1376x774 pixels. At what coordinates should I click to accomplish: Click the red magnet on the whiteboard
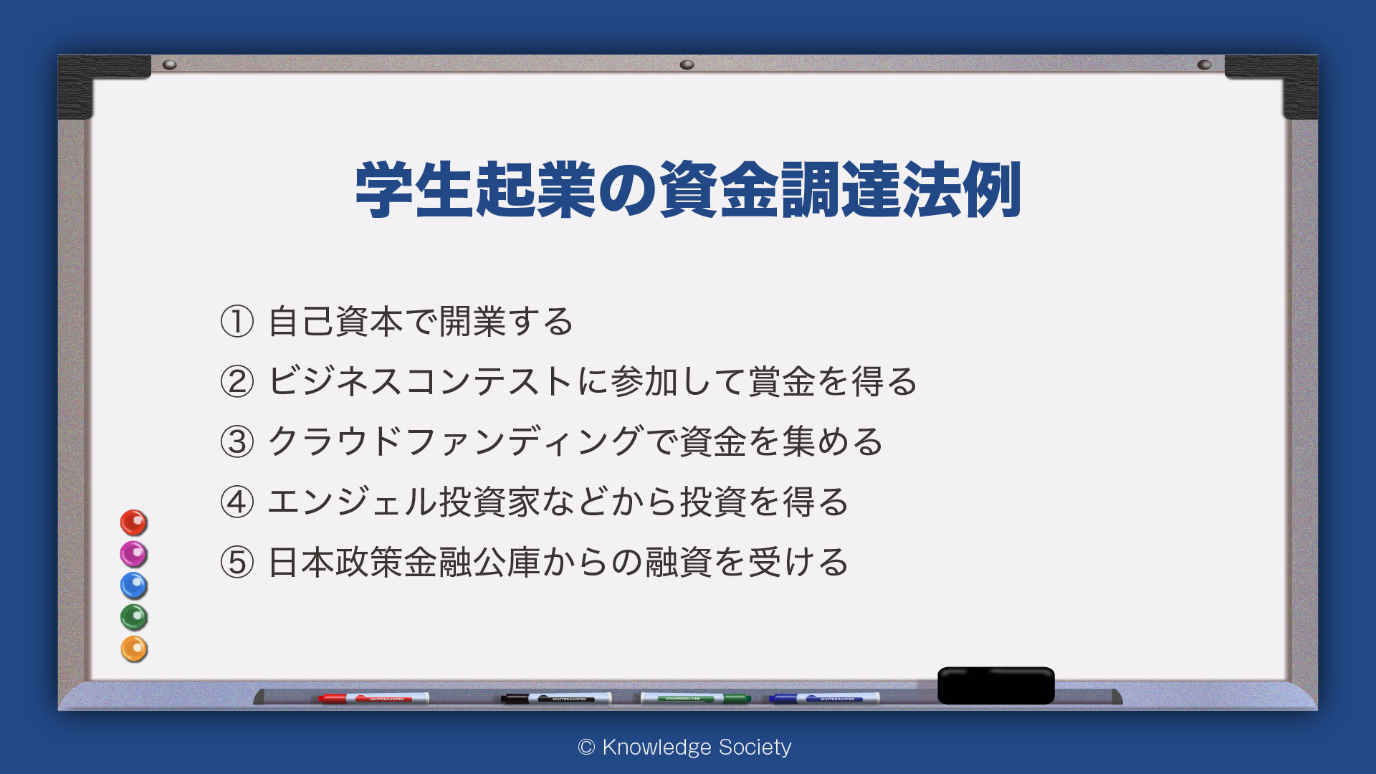coord(133,522)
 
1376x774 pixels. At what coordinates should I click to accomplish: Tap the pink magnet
coord(133,554)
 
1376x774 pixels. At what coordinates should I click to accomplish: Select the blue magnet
coord(133,586)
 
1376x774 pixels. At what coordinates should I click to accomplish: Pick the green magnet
coord(133,617)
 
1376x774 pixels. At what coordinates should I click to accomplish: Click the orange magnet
coord(133,649)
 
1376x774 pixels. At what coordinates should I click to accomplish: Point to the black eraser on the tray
coord(996,685)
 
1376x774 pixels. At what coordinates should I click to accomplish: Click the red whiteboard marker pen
coord(373,698)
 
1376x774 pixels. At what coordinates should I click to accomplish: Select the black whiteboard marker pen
coord(556,698)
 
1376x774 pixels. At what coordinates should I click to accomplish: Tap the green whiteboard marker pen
coord(695,698)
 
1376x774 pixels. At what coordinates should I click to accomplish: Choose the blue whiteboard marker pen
coord(824,698)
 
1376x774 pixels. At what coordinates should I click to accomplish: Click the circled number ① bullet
coord(237,321)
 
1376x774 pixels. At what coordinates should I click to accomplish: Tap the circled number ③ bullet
coord(237,441)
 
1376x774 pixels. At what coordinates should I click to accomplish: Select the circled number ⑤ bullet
coord(237,562)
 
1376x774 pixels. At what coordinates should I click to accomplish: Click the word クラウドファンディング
coord(455,441)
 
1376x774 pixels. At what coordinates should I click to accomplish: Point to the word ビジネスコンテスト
coord(421,381)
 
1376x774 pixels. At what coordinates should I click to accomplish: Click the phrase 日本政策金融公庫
coord(403,562)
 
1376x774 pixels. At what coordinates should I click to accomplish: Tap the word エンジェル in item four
coord(352,502)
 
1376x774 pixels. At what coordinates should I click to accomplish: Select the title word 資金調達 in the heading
coord(780,189)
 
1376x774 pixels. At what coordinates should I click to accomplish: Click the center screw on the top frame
coord(687,64)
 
